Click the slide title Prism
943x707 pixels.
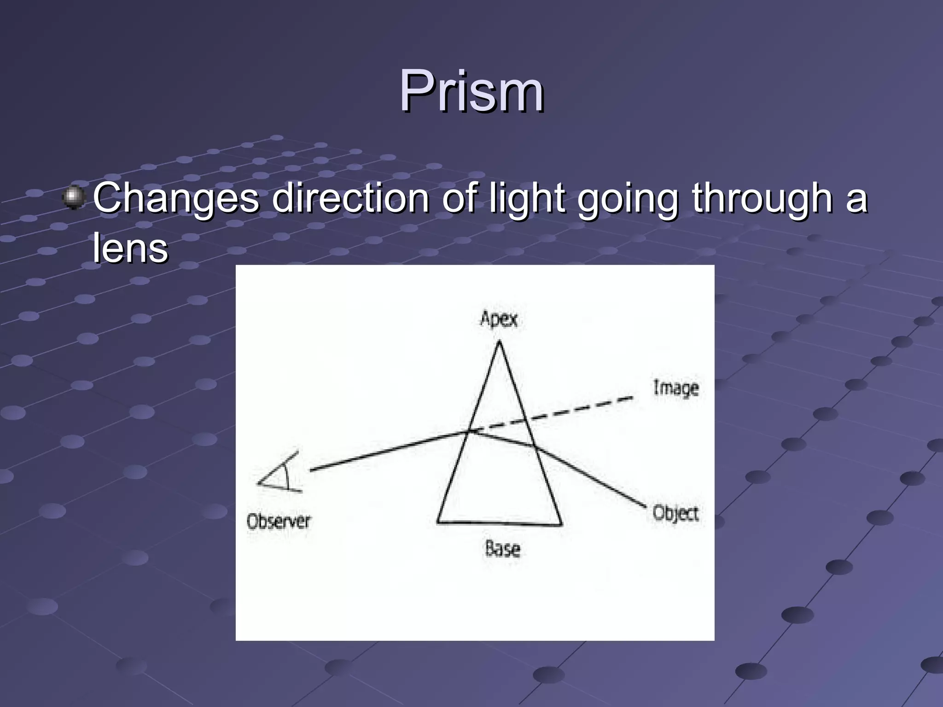coord(471,91)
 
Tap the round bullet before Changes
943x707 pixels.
coord(73,197)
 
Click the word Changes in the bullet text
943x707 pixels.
coord(176,198)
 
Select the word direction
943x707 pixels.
coord(350,198)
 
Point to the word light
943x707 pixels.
coord(526,198)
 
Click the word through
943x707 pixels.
coord(762,198)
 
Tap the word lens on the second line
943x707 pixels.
coord(130,249)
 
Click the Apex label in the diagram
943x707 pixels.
coord(499,319)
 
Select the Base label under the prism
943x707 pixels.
coord(502,549)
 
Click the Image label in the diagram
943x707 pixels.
coord(675,388)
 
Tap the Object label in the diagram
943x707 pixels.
coord(675,513)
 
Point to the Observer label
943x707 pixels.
coord(279,522)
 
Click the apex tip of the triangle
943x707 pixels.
coord(499,342)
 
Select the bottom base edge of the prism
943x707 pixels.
coord(500,523)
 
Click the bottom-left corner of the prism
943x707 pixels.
coord(437,522)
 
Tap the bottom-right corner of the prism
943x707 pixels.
coord(561,524)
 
